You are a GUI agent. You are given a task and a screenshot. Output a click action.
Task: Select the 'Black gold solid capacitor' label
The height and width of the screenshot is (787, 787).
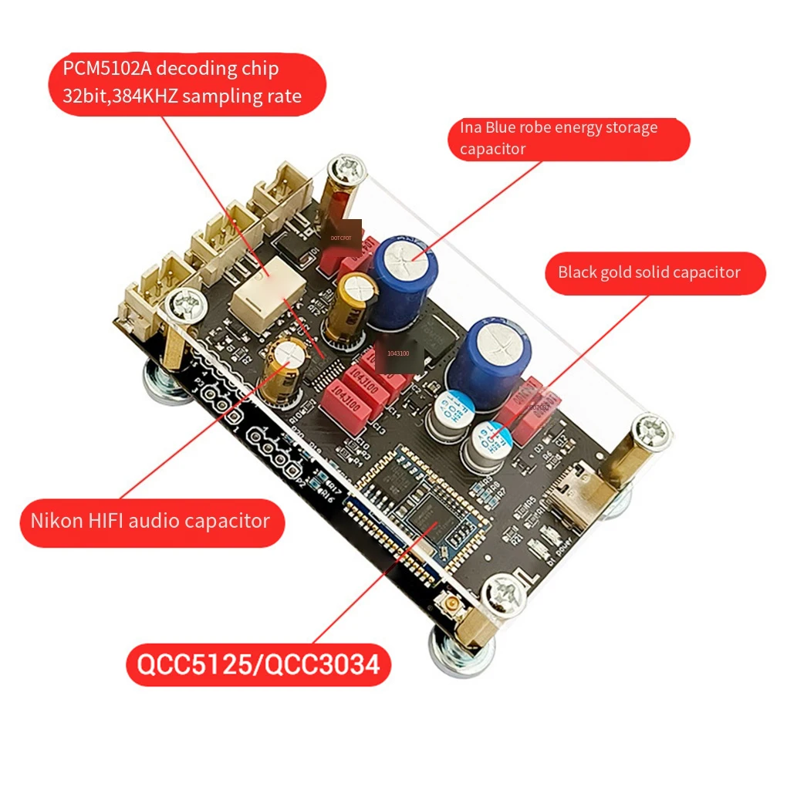click(649, 272)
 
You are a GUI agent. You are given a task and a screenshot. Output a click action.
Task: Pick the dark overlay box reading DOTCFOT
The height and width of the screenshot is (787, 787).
click(340, 238)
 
